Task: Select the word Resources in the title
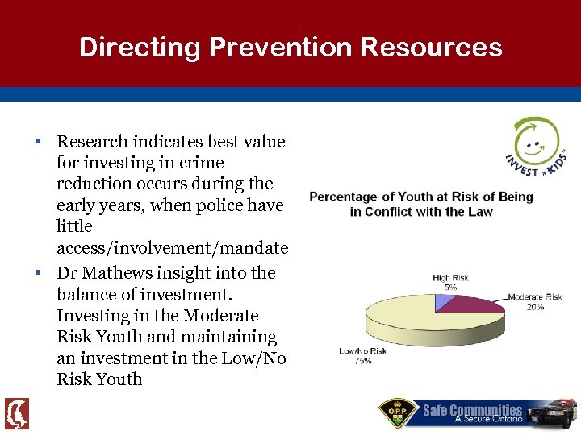pos(431,48)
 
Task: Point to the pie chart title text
pos(421,204)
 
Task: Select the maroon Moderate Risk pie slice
pos(476,305)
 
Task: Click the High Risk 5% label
pos(450,283)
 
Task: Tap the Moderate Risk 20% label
pos(535,302)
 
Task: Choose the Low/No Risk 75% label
pos(362,356)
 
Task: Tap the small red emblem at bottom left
pos(16,413)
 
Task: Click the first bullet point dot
pos(39,142)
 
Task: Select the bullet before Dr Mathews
pos(39,274)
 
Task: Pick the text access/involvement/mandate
pos(172,248)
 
